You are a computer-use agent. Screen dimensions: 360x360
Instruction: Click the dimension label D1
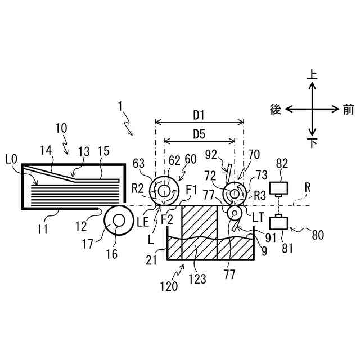(x=199, y=115)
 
